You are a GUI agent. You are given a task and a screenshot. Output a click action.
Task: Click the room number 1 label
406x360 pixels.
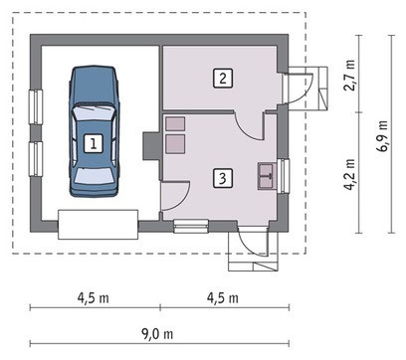click(94, 143)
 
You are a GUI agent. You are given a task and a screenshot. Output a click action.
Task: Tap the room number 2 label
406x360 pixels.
click(223, 79)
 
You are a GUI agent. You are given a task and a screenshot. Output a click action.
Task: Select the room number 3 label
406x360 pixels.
click(222, 178)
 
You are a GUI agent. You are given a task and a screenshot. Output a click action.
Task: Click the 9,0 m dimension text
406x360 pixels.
click(157, 334)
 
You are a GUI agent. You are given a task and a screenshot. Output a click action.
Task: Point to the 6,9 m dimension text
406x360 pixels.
click(382, 135)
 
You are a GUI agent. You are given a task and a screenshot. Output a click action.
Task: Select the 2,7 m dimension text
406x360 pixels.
click(349, 75)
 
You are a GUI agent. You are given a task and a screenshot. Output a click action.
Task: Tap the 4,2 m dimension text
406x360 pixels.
click(349, 175)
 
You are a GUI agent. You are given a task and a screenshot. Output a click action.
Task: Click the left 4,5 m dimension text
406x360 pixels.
click(93, 298)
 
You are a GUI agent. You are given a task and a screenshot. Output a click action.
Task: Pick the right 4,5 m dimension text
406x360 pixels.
click(223, 298)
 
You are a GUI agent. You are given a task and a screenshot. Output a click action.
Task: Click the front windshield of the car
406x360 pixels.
click(95, 113)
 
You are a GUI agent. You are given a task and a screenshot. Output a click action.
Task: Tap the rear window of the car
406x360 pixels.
click(95, 176)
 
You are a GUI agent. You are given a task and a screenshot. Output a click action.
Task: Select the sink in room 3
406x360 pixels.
click(267, 176)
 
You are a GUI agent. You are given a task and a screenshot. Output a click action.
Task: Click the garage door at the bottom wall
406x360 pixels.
click(98, 225)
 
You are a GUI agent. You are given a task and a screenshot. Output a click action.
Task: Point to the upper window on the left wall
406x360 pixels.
click(36, 106)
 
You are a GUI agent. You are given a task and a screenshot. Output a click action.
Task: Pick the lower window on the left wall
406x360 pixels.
click(36, 159)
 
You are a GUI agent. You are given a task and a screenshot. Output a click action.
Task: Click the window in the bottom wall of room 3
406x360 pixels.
click(191, 226)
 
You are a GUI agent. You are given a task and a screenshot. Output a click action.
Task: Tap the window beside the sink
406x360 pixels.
click(284, 176)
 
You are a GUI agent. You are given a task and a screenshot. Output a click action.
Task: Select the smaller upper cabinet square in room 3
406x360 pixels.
click(175, 123)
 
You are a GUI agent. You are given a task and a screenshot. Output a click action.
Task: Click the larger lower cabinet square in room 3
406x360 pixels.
click(175, 144)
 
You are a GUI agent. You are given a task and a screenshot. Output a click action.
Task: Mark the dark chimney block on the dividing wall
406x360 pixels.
click(152, 146)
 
